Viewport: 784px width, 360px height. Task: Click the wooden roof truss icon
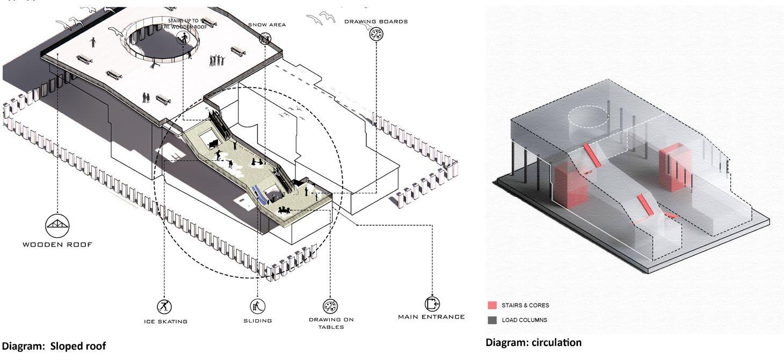click(x=57, y=225)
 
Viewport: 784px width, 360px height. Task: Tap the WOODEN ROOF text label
click(x=57, y=244)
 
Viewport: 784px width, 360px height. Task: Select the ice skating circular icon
click(x=164, y=307)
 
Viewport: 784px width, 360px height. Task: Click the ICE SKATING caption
click(x=165, y=321)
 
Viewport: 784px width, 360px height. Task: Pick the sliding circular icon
click(x=258, y=307)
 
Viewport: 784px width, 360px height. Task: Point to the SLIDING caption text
click(x=258, y=321)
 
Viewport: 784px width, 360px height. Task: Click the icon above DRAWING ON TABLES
click(x=330, y=307)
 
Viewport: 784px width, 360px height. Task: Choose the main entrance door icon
click(x=431, y=303)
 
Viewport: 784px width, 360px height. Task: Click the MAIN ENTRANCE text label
click(x=431, y=317)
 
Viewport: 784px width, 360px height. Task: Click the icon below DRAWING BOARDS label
click(x=376, y=34)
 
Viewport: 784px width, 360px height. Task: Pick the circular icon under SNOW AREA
click(x=265, y=39)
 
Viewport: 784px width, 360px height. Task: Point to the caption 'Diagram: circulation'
click(x=533, y=342)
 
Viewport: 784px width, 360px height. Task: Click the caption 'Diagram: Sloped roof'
click(x=54, y=346)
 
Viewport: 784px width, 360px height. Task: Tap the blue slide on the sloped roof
click(x=260, y=194)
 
